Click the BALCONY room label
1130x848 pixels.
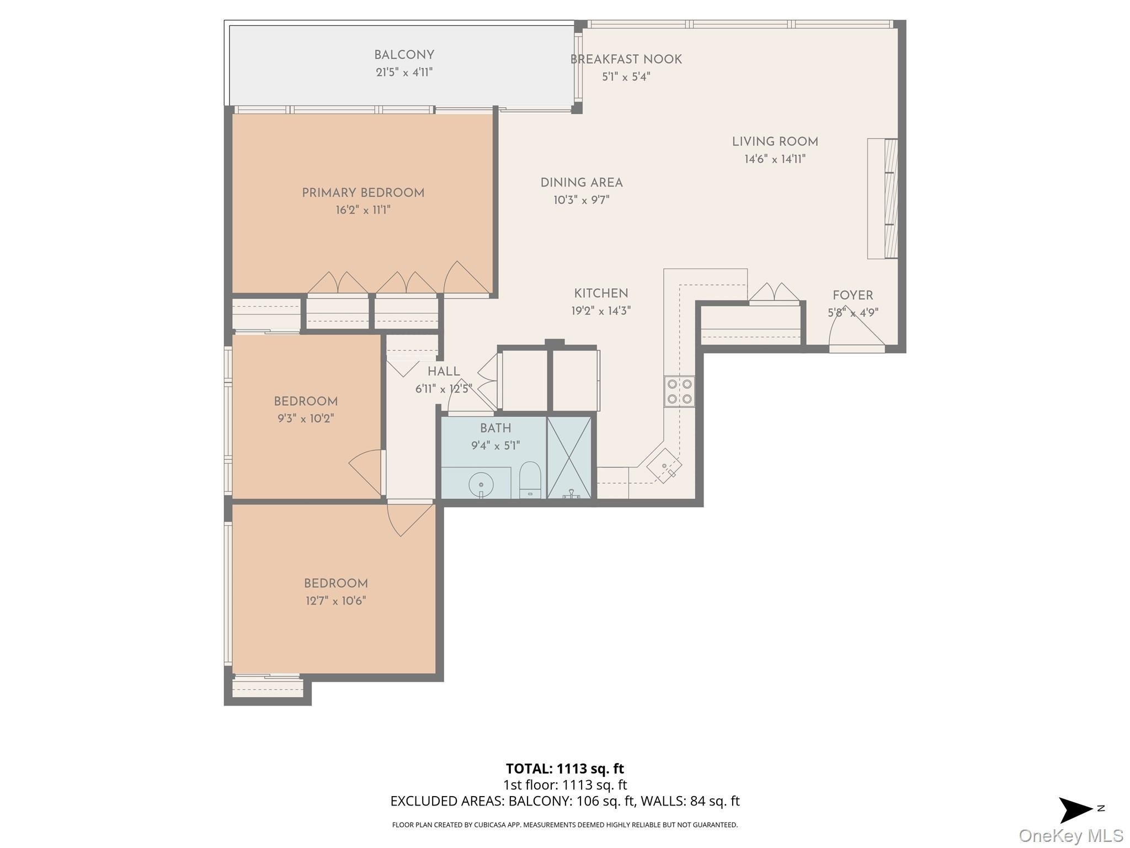point(404,55)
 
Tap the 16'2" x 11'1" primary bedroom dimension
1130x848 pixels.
point(363,210)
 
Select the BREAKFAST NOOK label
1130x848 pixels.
point(626,60)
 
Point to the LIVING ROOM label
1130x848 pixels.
point(775,142)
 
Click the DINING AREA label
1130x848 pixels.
point(581,183)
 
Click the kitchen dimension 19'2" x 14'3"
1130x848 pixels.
point(600,311)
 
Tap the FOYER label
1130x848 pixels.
point(852,295)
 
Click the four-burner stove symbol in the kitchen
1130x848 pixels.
point(679,391)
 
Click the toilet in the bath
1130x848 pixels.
point(530,479)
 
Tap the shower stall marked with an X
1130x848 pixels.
point(569,457)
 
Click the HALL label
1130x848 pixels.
point(444,372)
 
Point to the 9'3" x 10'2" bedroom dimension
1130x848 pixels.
point(306,419)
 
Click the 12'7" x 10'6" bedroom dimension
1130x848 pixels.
point(335,601)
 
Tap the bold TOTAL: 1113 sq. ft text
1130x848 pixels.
point(564,768)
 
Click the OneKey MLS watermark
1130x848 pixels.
point(1070,836)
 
